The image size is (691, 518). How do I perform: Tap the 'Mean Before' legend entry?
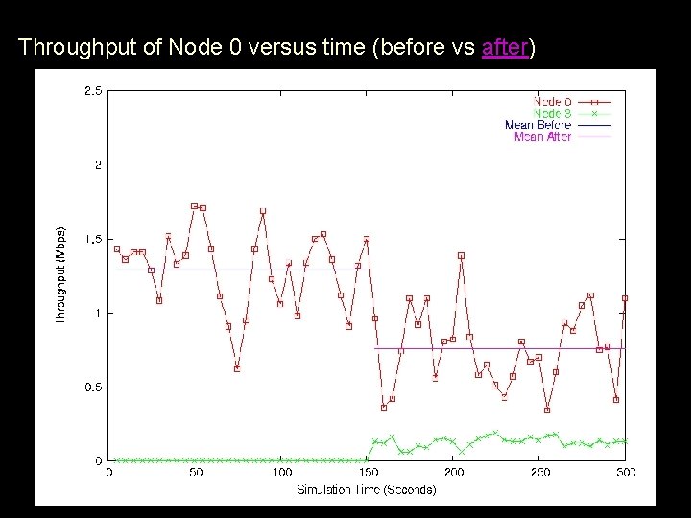537,125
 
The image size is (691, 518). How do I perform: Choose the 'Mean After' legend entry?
542,137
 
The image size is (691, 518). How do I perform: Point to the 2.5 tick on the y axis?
93,91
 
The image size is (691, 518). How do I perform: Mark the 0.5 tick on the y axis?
93,388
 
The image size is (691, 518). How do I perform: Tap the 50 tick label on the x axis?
195,472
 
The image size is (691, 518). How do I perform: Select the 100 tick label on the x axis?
281,472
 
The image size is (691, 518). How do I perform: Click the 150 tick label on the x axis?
368,472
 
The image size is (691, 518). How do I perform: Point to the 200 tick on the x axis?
454,472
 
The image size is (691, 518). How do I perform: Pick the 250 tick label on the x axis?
540,472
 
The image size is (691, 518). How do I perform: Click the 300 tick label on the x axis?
625,472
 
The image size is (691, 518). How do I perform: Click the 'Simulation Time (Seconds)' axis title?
366,489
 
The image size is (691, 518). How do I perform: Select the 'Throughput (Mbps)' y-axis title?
61,274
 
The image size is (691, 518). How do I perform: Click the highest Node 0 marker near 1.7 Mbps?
195,206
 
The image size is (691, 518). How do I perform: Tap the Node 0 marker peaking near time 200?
462,255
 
